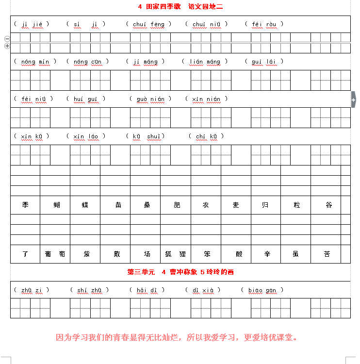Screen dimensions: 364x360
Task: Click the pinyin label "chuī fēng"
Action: (148, 24)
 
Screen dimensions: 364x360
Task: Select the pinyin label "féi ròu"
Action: (264, 24)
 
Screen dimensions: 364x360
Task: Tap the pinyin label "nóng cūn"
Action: (87, 62)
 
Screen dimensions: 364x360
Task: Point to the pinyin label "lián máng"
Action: (205, 62)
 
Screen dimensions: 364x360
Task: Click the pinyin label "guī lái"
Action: (264, 62)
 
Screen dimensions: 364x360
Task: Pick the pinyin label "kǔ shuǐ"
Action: (146, 136)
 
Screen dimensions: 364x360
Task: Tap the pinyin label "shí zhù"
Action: (89, 290)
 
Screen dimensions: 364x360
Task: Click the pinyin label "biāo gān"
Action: (262, 290)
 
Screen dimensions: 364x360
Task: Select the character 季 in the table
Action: (25, 205)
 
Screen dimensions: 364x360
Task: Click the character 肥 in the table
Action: (177, 205)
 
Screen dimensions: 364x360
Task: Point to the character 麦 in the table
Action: (236, 205)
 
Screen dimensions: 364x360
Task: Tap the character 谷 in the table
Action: (329, 205)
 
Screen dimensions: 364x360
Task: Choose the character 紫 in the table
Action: (86, 254)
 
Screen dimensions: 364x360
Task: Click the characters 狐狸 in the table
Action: (176, 254)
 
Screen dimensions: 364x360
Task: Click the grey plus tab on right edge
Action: (353, 100)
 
